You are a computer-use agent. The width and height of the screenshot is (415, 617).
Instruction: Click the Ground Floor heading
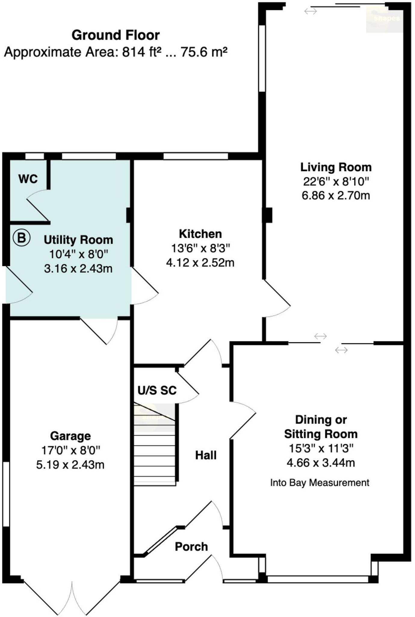(115, 35)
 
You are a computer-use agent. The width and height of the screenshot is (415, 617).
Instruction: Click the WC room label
(28, 179)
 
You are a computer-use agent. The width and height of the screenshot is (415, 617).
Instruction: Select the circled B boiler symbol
(21, 238)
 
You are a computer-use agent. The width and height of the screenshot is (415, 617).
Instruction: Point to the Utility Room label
(78, 240)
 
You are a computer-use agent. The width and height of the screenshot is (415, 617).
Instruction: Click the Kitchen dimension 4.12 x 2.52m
(200, 262)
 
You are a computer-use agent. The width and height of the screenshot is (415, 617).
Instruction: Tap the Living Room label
(336, 167)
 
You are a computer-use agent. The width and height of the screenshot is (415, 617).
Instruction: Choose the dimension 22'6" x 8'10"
(336, 181)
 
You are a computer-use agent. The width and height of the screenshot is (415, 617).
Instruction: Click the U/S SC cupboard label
(157, 390)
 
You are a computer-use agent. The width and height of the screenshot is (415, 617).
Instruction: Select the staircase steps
(154, 446)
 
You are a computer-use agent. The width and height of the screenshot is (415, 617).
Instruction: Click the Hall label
(206, 455)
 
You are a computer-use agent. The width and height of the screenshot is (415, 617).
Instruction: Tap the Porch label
(191, 547)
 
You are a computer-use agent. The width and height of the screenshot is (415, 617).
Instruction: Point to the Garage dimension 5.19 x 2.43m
(70, 465)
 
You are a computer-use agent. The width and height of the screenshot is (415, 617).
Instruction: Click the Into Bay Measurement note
(320, 483)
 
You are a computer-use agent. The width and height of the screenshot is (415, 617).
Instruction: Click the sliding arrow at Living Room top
(310, 11)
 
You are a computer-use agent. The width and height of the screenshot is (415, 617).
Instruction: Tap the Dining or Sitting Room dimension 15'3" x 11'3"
(321, 448)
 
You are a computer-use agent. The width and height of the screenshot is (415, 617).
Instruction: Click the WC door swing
(38, 205)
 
